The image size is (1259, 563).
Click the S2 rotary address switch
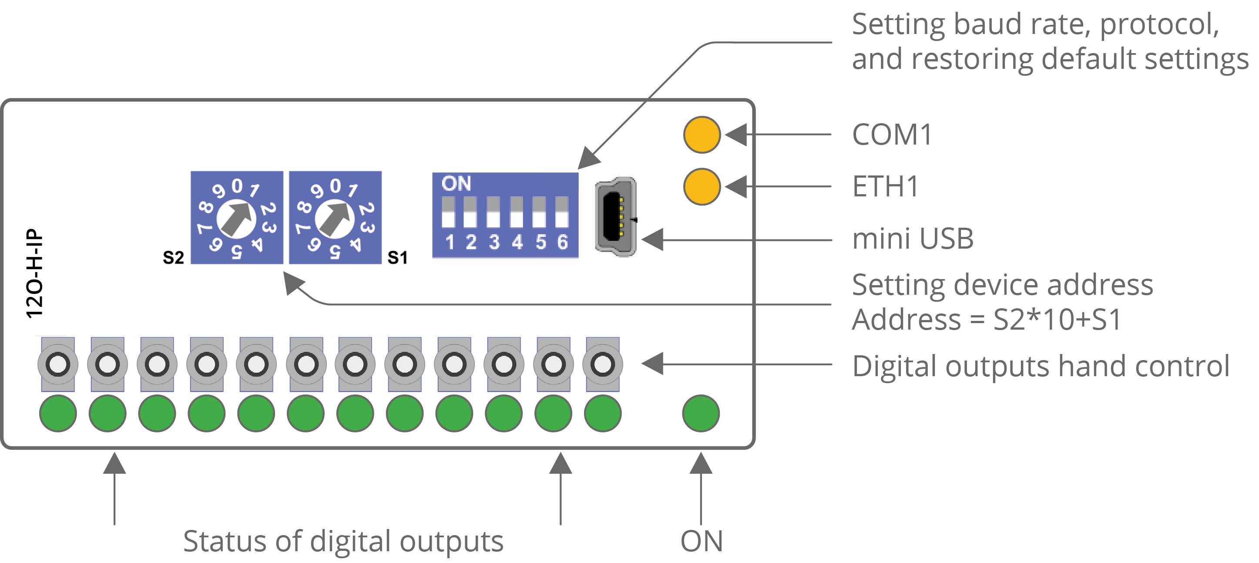coord(237,218)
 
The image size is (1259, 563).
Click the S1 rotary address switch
coord(335,218)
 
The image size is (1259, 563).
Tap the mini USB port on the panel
coord(615,217)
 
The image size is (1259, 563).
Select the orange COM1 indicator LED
coord(702,135)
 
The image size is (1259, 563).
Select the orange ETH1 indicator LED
coord(702,186)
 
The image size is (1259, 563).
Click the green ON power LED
coord(701,414)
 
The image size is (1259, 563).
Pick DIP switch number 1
coord(449,213)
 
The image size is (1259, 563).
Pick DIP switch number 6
coord(562,213)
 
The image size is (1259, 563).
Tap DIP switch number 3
coord(494,213)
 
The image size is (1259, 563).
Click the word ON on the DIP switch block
coord(456,184)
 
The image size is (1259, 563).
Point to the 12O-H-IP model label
coord(35,274)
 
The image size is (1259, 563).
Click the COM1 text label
coord(892,135)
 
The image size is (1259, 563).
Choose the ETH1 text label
coord(885,186)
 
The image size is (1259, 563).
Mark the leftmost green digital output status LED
coord(58,414)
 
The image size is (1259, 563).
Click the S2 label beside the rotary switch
coord(174,258)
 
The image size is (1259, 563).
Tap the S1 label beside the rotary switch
coord(397,258)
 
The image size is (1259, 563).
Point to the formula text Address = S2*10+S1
coord(986,320)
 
